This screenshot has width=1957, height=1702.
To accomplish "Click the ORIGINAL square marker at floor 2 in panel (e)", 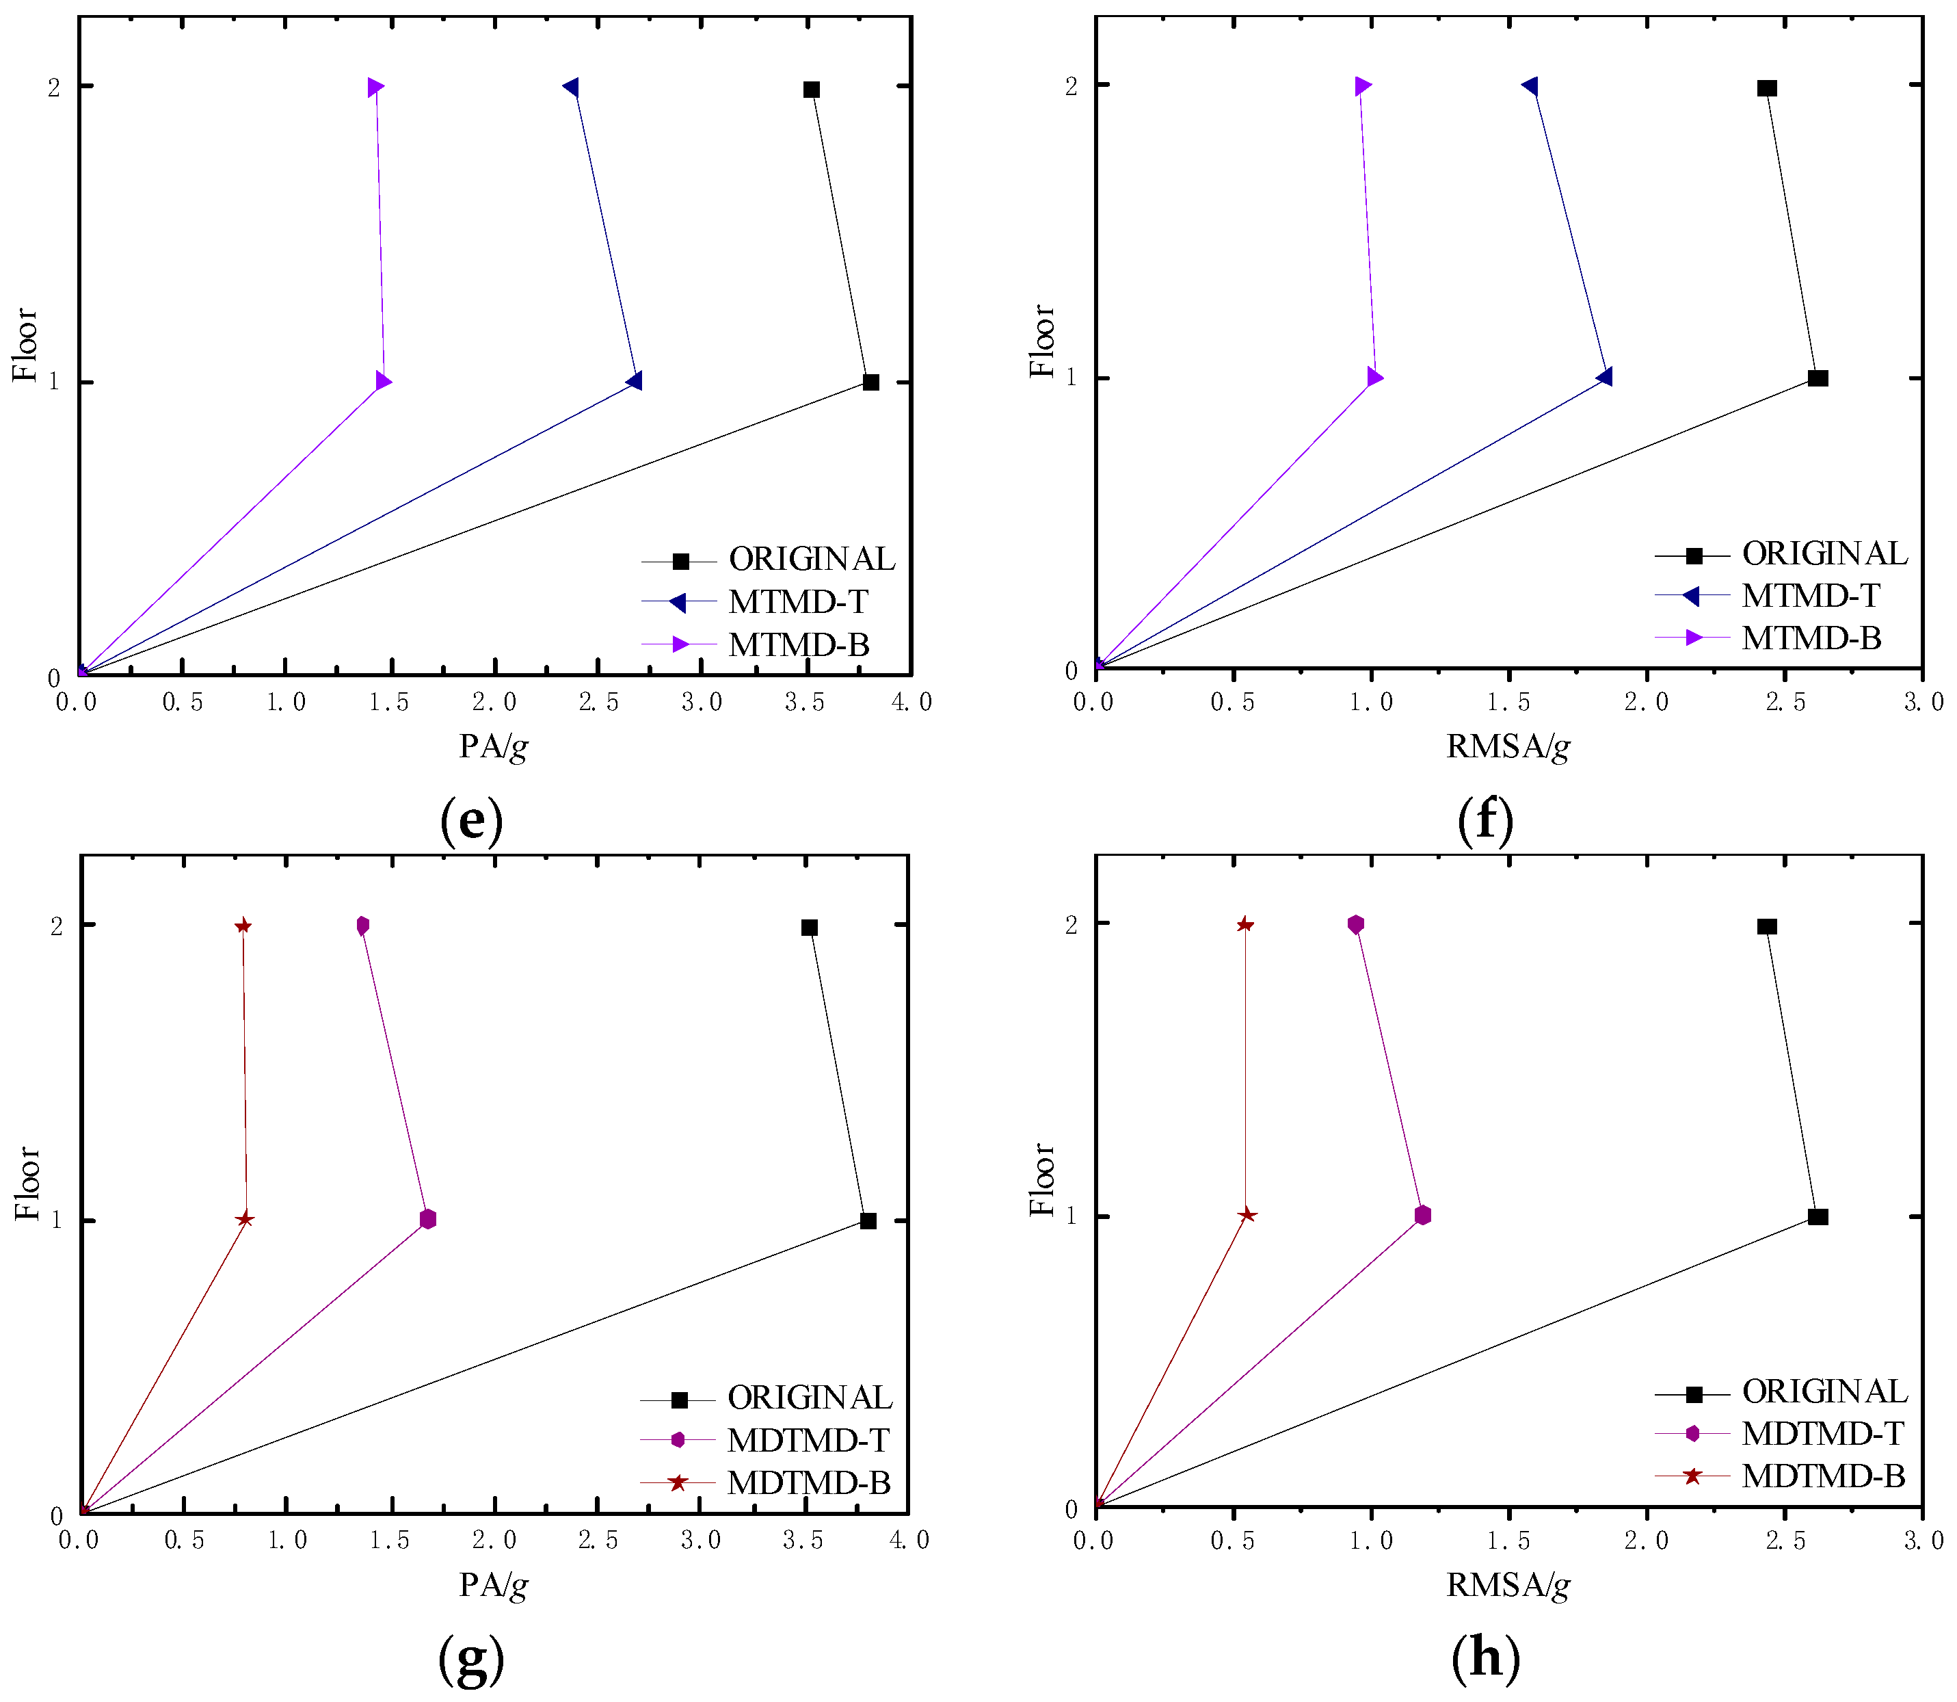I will [811, 90].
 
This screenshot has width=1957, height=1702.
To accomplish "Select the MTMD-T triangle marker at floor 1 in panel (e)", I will [635, 381].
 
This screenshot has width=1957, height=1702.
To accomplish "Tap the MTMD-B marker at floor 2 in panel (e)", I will [376, 88].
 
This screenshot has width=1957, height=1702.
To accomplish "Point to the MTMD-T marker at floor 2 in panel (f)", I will [1530, 86].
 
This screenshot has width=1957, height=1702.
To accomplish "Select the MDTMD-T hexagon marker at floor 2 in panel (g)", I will [362, 926].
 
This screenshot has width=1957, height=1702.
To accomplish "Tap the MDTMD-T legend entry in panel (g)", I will [807, 1440].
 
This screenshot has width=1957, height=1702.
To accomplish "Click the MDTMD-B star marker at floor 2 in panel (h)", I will [1245, 925].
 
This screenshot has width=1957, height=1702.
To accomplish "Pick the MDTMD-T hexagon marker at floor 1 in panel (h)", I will [1422, 1216].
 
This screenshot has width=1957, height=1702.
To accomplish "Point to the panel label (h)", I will [1486, 1658].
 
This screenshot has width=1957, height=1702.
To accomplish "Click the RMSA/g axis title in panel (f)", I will [1508, 746].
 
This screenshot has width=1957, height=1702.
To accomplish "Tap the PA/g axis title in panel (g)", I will [494, 1584].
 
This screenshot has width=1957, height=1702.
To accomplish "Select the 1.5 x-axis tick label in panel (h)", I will [1509, 1541].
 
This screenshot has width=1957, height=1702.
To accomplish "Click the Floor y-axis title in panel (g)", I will [27, 1183].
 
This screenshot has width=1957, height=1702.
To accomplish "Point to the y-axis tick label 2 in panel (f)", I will [1072, 86].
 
